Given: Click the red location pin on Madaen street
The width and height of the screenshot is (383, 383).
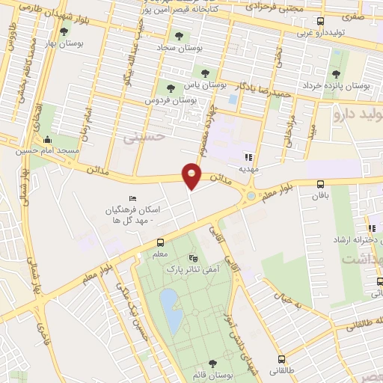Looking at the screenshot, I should coord(192,177).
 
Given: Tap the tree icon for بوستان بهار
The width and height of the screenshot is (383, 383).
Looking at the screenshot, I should coord(64,32).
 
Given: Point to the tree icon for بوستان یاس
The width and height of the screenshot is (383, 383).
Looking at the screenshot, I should coord(205,73).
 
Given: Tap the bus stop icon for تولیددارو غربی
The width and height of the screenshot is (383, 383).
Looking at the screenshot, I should coord(321,22).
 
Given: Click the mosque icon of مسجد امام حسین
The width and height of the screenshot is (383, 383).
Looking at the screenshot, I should coord(49,139).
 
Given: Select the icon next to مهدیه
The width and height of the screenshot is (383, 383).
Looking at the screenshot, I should coord(248,157).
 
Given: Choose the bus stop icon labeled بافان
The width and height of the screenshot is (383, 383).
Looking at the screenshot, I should coord(321,184).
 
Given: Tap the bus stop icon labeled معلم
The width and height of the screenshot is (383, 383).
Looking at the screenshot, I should coord(159,242).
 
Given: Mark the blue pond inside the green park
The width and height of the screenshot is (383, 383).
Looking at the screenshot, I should coord(171,311).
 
